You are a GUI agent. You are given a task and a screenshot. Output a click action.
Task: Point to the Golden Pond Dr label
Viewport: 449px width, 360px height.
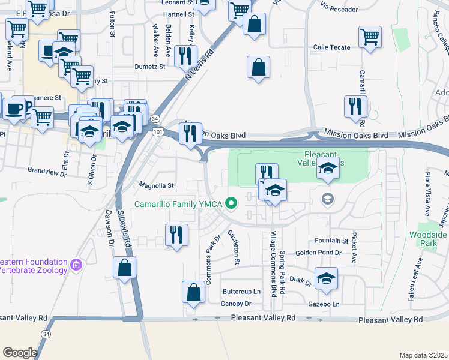(318, 253)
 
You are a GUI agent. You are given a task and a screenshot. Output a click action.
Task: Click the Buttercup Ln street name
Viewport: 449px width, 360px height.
(242, 292)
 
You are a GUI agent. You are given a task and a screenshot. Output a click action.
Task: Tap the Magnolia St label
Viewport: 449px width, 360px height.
(156, 185)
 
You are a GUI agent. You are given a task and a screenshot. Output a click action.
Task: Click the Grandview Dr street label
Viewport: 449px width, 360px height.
(47, 170)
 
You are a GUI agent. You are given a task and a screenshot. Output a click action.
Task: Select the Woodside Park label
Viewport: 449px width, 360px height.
(428, 239)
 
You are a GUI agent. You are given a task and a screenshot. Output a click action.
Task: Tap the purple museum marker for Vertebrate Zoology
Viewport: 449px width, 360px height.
(76, 265)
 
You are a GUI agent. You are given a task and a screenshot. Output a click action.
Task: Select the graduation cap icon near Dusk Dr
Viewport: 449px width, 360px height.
(326, 278)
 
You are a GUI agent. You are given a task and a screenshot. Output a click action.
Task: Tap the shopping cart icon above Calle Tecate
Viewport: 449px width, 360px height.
(370, 36)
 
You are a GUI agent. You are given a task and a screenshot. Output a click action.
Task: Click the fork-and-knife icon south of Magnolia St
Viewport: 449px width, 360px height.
(176, 234)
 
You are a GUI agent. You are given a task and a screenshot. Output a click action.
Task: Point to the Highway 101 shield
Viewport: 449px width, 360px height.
(157, 131)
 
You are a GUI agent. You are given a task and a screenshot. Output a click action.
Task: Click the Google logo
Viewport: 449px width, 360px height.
(20, 353)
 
